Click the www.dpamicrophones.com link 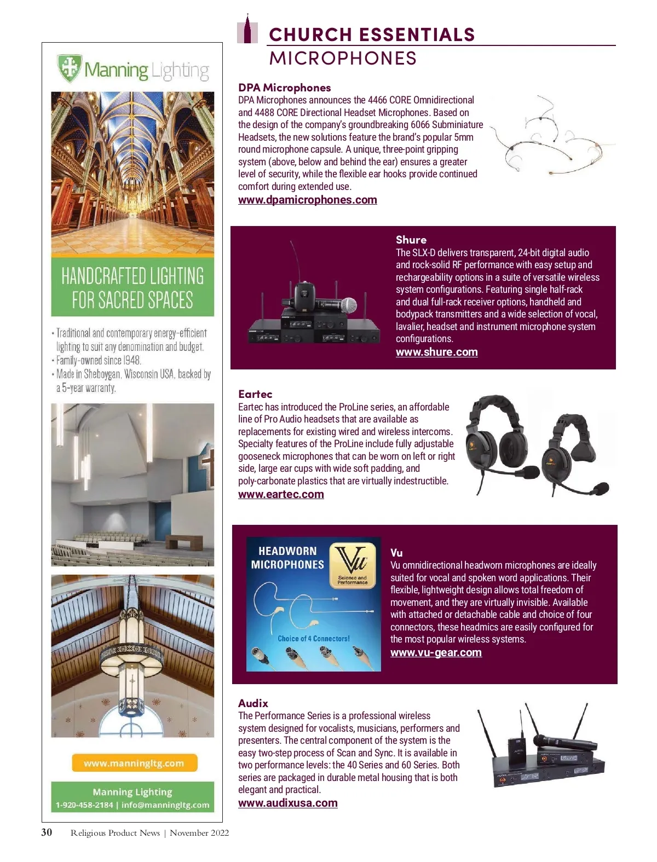click(x=307, y=200)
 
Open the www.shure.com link click(x=436, y=352)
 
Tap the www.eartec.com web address click(x=281, y=494)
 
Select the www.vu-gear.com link click(x=436, y=652)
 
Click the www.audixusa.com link click(x=287, y=803)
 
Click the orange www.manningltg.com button click(x=134, y=763)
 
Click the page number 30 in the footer click(x=47, y=832)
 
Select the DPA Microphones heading click(x=284, y=88)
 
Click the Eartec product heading click(x=255, y=394)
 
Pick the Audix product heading click(x=253, y=703)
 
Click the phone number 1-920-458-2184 click(x=84, y=805)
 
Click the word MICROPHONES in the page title click(x=343, y=59)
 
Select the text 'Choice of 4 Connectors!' click(x=313, y=639)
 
